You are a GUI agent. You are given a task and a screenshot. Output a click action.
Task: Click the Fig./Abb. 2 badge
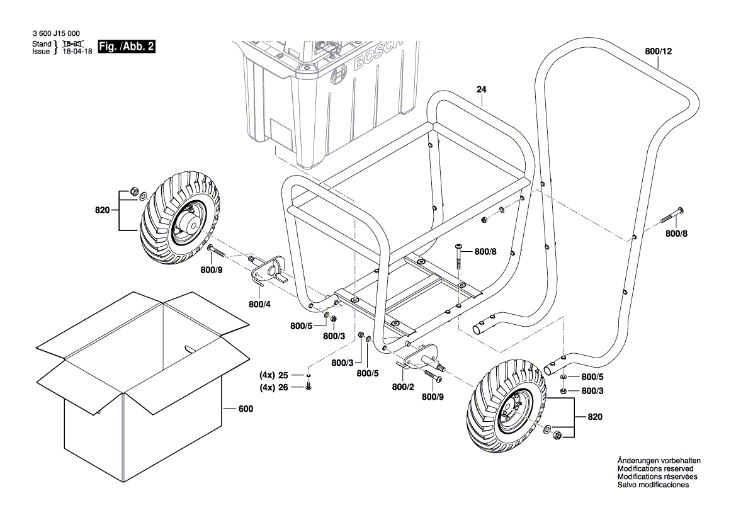tap(127, 47)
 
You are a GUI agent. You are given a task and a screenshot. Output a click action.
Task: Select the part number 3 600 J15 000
tap(55, 34)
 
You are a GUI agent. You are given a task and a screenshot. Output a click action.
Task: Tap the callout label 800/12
tap(659, 52)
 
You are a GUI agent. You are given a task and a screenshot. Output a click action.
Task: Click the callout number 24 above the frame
tap(481, 89)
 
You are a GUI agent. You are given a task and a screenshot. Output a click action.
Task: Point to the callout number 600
tap(246, 409)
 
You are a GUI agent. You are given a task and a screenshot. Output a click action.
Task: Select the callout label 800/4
tap(259, 305)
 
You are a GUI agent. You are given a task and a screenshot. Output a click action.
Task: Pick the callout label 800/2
tap(403, 387)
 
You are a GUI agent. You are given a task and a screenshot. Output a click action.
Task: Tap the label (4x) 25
tap(274, 375)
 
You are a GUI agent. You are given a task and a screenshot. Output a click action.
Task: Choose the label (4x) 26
tap(274, 387)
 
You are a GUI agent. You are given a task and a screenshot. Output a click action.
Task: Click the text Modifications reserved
tap(655, 469)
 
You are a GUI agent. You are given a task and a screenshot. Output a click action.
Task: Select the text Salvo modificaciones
tap(653, 485)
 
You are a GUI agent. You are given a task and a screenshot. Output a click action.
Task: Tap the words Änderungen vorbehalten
tap(659, 461)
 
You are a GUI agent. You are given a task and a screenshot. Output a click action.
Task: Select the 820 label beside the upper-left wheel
tap(103, 210)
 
